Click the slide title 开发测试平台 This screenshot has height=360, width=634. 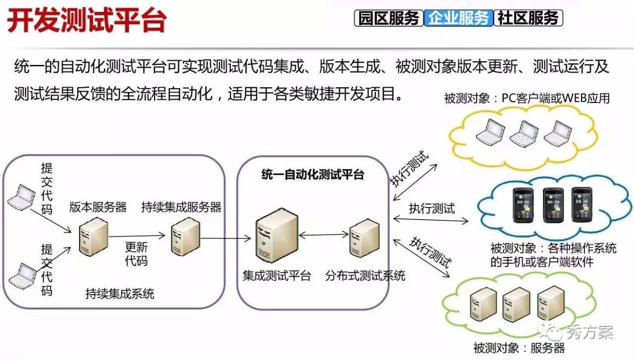tap(87, 21)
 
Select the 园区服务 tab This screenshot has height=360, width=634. tap(388, 18)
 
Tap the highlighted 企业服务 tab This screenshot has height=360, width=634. tap(459, 18)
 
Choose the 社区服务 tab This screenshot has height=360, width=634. tap(528, 18)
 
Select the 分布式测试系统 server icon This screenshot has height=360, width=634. tap(364, 238)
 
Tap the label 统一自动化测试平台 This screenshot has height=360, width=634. tap(313, 174)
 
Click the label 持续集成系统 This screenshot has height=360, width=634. tap(119, 293)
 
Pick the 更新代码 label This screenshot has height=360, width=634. tap(136, 254)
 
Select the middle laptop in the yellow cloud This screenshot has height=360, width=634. tap(524, 133)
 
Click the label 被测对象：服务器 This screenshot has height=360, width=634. tap(519, 347)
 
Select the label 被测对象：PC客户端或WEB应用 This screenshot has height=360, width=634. tap(527, 98)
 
